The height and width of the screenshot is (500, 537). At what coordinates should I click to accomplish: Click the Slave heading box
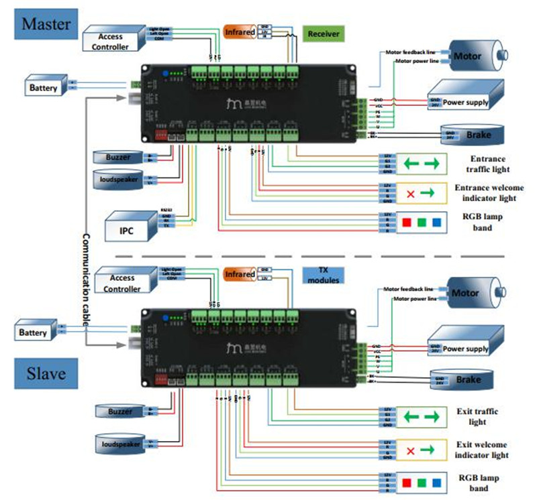tap(45, 373)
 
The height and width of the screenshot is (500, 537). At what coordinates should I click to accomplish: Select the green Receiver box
tap(324, 34)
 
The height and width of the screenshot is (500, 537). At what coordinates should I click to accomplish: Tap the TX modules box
tap(320, 274)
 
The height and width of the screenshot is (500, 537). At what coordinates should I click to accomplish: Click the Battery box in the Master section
tap(44, 87)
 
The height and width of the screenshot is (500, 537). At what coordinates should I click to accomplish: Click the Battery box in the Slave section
tap(33, 332)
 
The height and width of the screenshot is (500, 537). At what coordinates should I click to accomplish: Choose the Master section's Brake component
tap(470, 135)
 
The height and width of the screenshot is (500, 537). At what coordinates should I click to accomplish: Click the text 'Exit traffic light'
tap(481, 416)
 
